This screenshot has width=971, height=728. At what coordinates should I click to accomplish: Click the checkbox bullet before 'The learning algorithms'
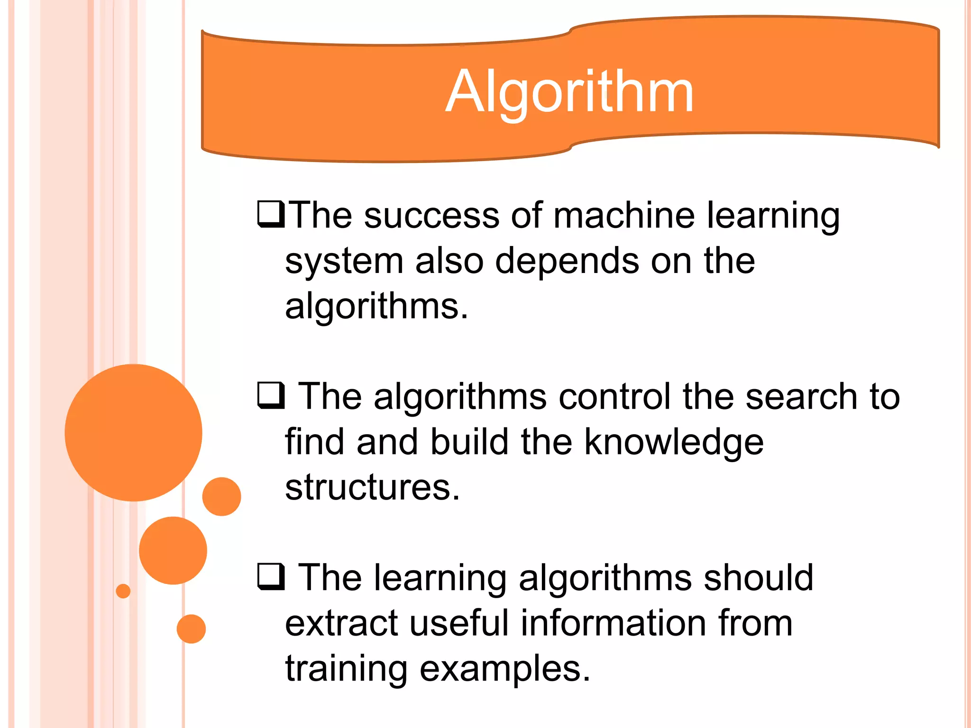tap(271, 576)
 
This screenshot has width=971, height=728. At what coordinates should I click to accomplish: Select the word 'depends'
tap(567, 261)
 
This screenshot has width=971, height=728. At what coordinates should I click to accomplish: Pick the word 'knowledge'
tap(673, 442)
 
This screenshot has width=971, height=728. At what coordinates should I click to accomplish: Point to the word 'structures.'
tap(373, 487)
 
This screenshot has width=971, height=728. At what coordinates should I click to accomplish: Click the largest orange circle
tap(134, 432)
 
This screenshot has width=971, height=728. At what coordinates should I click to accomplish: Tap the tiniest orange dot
tap(123, 591)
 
